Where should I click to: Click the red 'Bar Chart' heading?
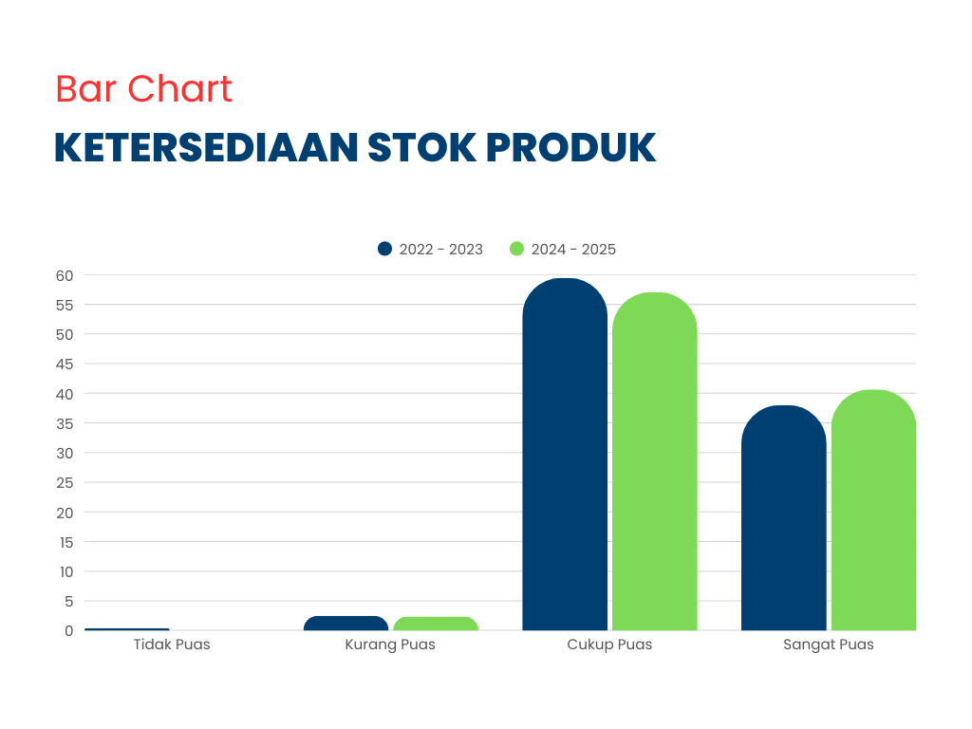tap(144, 88)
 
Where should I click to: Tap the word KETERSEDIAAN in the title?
tap(206, 147)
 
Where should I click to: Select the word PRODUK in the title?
tap(570, 147)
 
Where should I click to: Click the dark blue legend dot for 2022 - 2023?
tap(385, 249)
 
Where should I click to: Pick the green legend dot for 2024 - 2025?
tap(517, 249)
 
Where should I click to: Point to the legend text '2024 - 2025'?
tap(573, 250)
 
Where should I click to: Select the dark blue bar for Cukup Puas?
tap(565, 455)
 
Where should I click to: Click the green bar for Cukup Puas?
tap(655, 461)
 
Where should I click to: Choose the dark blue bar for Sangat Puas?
tap(783, 517)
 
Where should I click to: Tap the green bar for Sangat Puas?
tap(873, 510)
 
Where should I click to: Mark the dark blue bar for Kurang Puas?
tap(346, 623)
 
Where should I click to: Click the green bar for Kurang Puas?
tap(436, 624)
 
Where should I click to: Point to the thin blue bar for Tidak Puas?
tap(127, 629)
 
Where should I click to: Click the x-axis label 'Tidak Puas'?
tap(172, 645)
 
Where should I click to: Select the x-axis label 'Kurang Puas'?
tap(390, 645)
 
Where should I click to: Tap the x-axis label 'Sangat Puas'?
tap(828, 645)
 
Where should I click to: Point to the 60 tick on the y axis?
tap(65, 276)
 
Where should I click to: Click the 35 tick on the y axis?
tap(65, 424)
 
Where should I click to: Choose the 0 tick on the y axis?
tap(68, 631)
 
